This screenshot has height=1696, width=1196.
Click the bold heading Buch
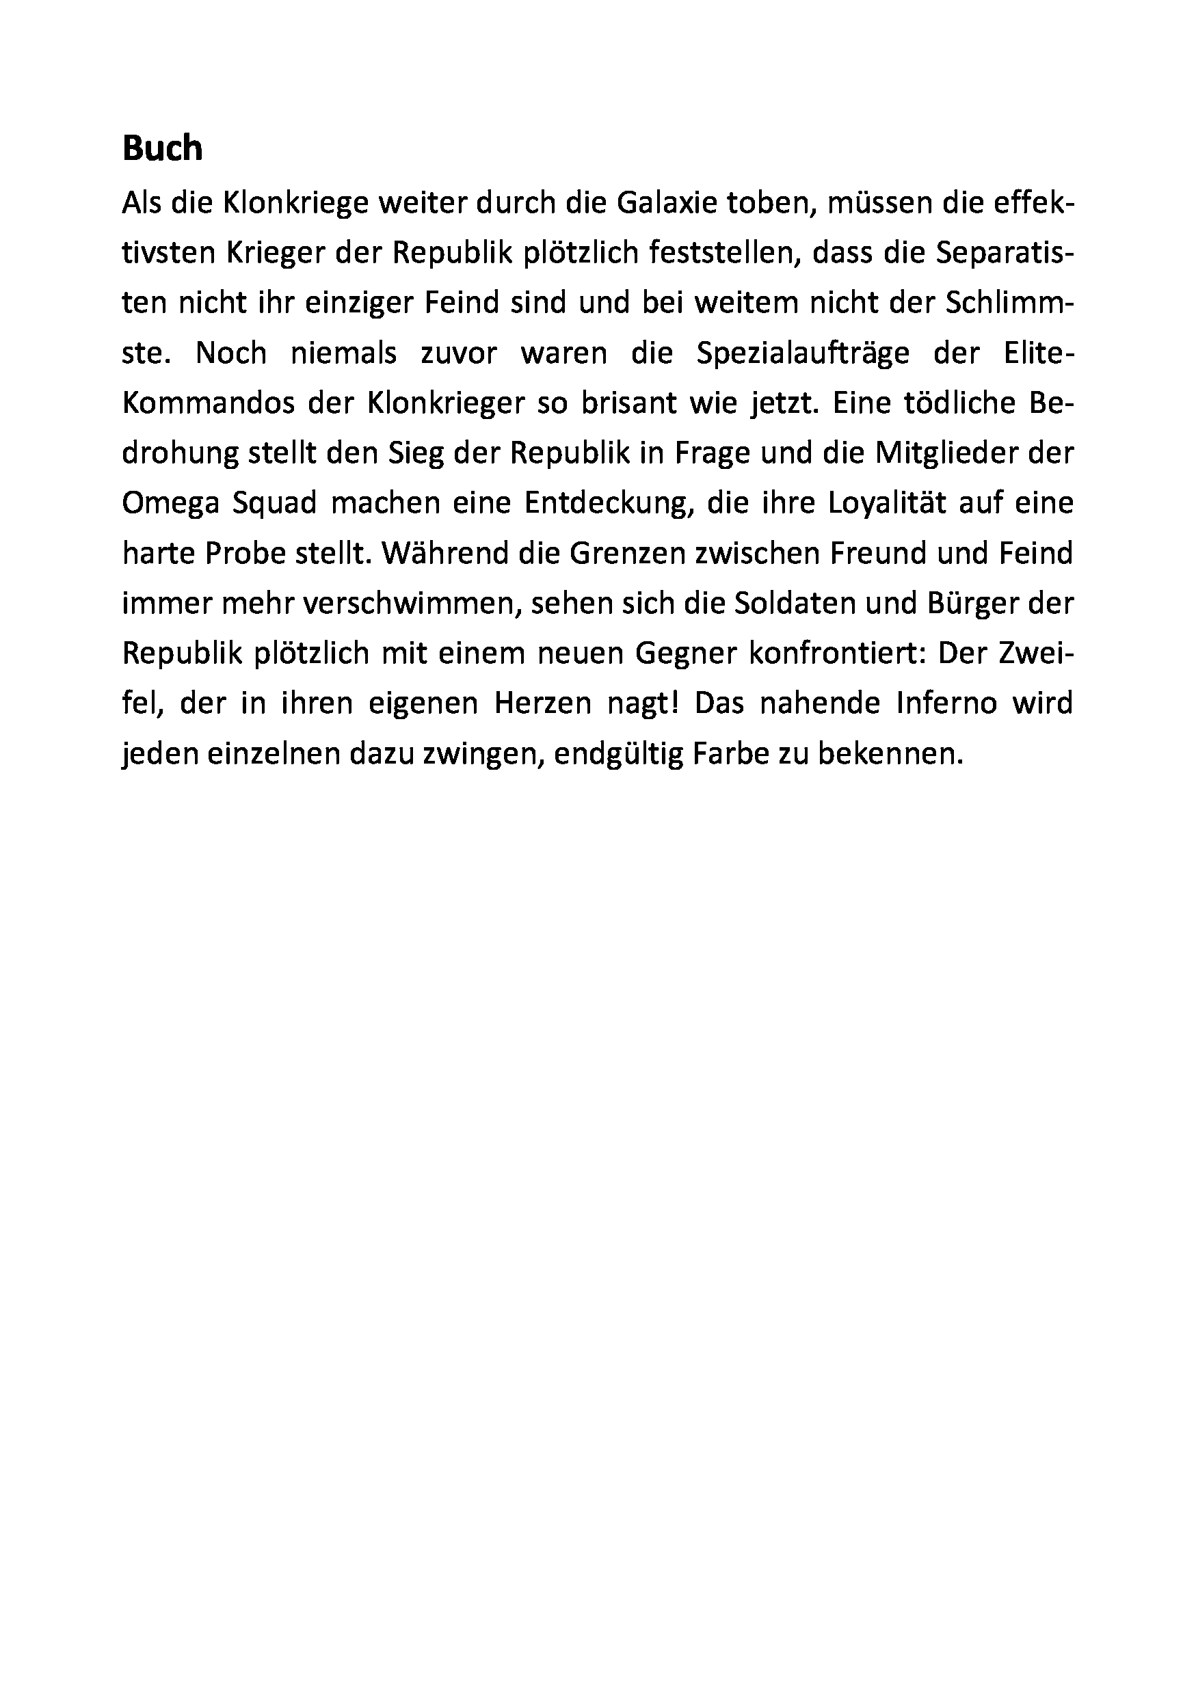[162, 148]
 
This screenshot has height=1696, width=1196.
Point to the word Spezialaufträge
[803, 353]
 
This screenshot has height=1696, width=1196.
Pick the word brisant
[618, 403]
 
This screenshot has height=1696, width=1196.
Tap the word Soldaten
[789, 604]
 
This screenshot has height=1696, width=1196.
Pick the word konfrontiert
[832, 654]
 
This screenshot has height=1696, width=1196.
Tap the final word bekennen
[890, 753]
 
